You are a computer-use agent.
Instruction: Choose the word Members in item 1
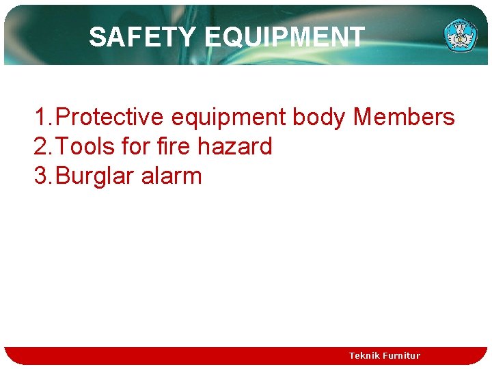[x=404, y=118]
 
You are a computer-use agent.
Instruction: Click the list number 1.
[x=40, y=118]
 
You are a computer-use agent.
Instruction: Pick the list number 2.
[x=40, y=147]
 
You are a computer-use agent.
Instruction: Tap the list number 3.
[x=40, y=176]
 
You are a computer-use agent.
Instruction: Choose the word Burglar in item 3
[x=95, y=176]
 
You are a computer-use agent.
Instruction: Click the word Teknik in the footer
[x=365, y=355]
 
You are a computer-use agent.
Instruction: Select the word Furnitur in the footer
[x=402, y=355]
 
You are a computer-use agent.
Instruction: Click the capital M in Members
[x=362, y=118]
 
